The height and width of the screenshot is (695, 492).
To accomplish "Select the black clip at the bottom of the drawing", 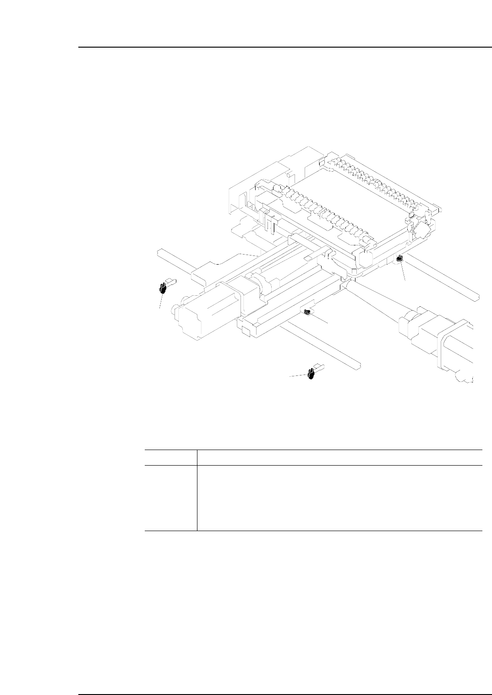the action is coord(311,374).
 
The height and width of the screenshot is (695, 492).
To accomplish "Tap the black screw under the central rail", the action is coord(307,312).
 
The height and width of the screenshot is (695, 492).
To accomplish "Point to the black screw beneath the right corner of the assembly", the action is coord(399,259).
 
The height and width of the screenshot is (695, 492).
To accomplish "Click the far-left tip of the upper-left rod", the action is coord(158,251).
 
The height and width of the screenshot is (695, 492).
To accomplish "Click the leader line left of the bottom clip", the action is coord(298,376).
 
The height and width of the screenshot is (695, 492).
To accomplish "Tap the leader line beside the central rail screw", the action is coord(321,319).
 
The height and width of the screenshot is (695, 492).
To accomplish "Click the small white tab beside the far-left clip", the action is coord(170,281).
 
